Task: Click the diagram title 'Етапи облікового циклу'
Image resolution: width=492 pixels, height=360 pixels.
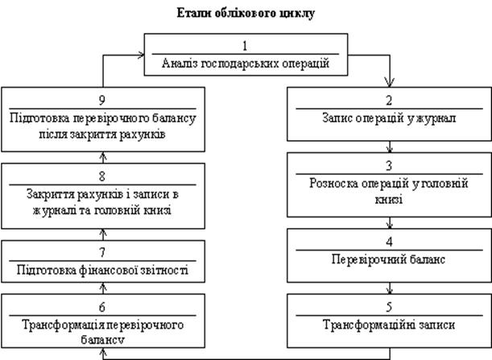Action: point(246,14)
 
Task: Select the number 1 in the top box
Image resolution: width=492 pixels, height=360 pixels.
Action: point(245,46)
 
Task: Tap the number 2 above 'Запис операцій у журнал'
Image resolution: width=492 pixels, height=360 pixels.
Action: point(389,101)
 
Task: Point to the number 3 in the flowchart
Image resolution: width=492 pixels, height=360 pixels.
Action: point(389,165)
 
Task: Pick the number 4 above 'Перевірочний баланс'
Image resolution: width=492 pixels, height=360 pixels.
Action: point(389,242)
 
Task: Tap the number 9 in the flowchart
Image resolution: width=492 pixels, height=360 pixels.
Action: point(102,100)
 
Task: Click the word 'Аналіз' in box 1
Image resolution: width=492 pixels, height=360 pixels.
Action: point(180,64)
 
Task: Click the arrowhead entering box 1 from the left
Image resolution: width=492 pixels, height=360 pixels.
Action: point(141,56)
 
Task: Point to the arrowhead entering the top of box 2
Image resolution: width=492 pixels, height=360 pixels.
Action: point(390,83)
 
